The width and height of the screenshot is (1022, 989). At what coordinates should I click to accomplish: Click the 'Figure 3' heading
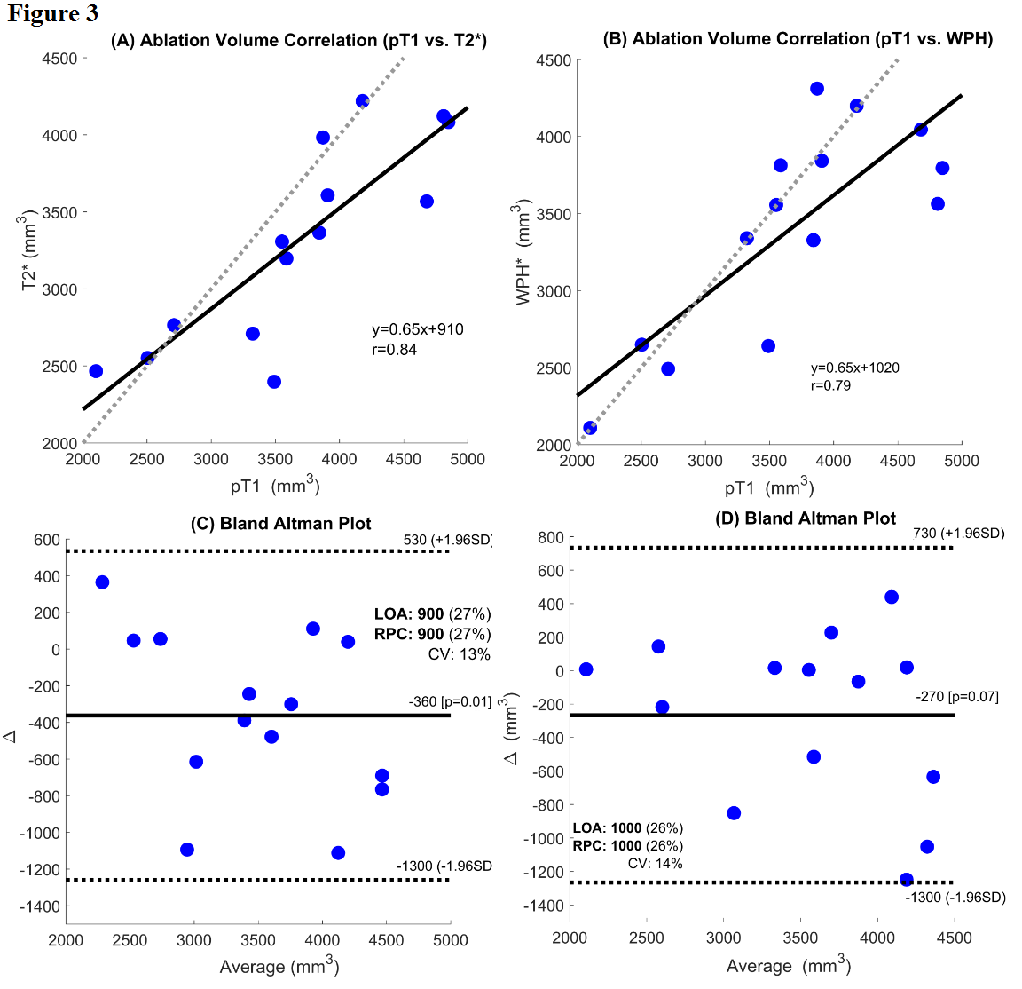pyautogui.click(x=52, y=13)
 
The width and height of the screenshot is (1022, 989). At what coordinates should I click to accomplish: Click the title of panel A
pyautogui.click(x=298, y=40)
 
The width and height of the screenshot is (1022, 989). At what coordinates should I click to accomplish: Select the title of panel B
pyautogui.click(x=797, y=39)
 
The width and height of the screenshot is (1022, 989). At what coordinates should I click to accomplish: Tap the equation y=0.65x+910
pyautogui.click(x=417, y=329)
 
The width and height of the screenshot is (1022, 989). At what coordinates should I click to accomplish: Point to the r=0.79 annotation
pyautogui.click(x=830, y=385)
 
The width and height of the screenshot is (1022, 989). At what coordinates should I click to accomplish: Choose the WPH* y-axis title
pyautogui.click(x=523, y=256)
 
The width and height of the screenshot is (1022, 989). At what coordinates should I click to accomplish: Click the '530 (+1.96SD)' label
pyautogui.click(x=447, y=541)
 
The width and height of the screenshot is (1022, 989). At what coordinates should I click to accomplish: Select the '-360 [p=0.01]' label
pyautogui.click(x=450, y=701)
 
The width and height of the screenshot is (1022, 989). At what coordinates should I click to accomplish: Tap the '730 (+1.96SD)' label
pyautogui.click(x=958, y=534)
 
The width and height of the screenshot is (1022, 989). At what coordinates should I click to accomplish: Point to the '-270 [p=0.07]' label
pyautogui.click(x=956, y=697)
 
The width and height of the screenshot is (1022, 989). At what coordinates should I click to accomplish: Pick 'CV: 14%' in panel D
pyautogui.click(x=655, y=863)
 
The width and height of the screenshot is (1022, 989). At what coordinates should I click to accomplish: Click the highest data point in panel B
pyautogui.click(x=817, y=89)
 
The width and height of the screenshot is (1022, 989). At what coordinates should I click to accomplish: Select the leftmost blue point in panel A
pyautogui.click(x=96, y=371)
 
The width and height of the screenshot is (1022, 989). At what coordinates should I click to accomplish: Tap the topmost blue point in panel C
pyautogui.click(x=102, y=582)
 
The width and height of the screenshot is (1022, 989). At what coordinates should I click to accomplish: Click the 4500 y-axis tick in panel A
pyautogui.click(x=60, y=59)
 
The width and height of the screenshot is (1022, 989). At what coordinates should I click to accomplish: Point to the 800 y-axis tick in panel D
pyautogui.click(x=551, y=537)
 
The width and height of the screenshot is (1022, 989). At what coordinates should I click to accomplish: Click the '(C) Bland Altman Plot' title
pyautogui.click(x=281, y=523)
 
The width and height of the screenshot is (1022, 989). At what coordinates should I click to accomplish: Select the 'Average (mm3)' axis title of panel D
pyautogui.click(x=788, y=965)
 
